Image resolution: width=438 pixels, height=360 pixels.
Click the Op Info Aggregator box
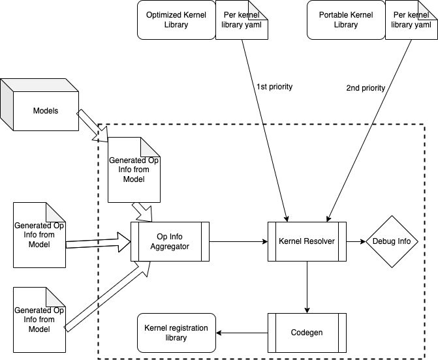[170, 241]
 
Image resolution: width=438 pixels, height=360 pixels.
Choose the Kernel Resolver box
[306, 241]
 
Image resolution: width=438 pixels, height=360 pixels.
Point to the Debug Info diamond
[391, 241]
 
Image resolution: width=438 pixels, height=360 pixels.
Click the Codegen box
[306, 332]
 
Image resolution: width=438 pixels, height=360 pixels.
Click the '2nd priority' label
[365, 87]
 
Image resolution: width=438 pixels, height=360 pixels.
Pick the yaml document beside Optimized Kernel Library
[240, 20]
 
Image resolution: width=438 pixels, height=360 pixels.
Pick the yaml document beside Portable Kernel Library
[409, 20]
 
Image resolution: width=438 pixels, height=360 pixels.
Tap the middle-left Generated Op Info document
[40, 234]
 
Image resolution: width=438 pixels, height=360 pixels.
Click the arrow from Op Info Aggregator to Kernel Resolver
[238, 241]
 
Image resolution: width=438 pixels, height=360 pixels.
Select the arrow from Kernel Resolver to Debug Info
[356, 241]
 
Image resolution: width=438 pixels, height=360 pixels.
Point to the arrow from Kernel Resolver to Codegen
[306, 286]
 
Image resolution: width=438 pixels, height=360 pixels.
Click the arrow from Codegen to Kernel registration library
[242, 333]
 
